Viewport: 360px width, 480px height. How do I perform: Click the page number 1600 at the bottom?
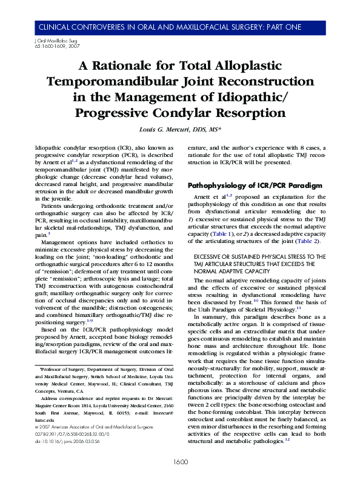[179, 462]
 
